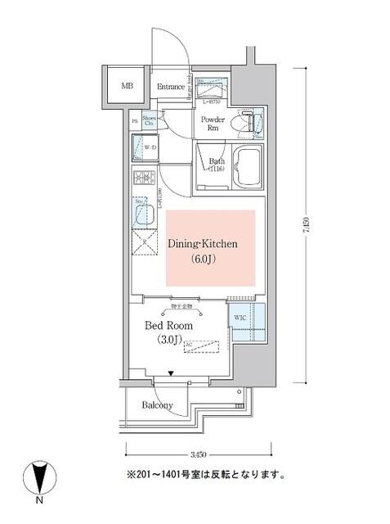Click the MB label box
click(x=127, y=86)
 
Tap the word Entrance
click(x=169, y=87)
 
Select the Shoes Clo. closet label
click(x=150, y=121)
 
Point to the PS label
click(x=134, y=121)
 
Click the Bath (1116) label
click(x=217, y=165)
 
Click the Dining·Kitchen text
click(x=203, y=244)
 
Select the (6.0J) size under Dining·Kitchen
click(x=203, y=260)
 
